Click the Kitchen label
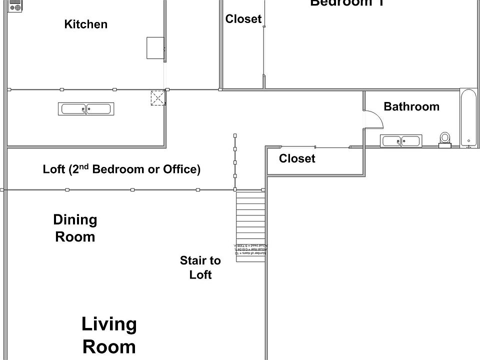click(x=85, y=24)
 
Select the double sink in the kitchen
click(x=86, y=108)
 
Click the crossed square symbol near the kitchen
click(x=158, y=98)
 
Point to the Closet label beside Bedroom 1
click(x=243, y=19)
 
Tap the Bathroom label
click(x=411, y=106)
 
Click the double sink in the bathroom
click(x=402, y=141)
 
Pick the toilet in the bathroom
click(x=444, y=139)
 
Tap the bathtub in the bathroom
click(x=468, y=119)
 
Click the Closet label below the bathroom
click(x=297, y=158)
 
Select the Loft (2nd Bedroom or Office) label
click(x=121, y=169)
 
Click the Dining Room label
click(x=75, y=228)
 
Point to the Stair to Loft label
click(x=200, y=267)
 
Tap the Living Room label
click(x=109, y=335)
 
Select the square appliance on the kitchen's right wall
click(x=155, y=48)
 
